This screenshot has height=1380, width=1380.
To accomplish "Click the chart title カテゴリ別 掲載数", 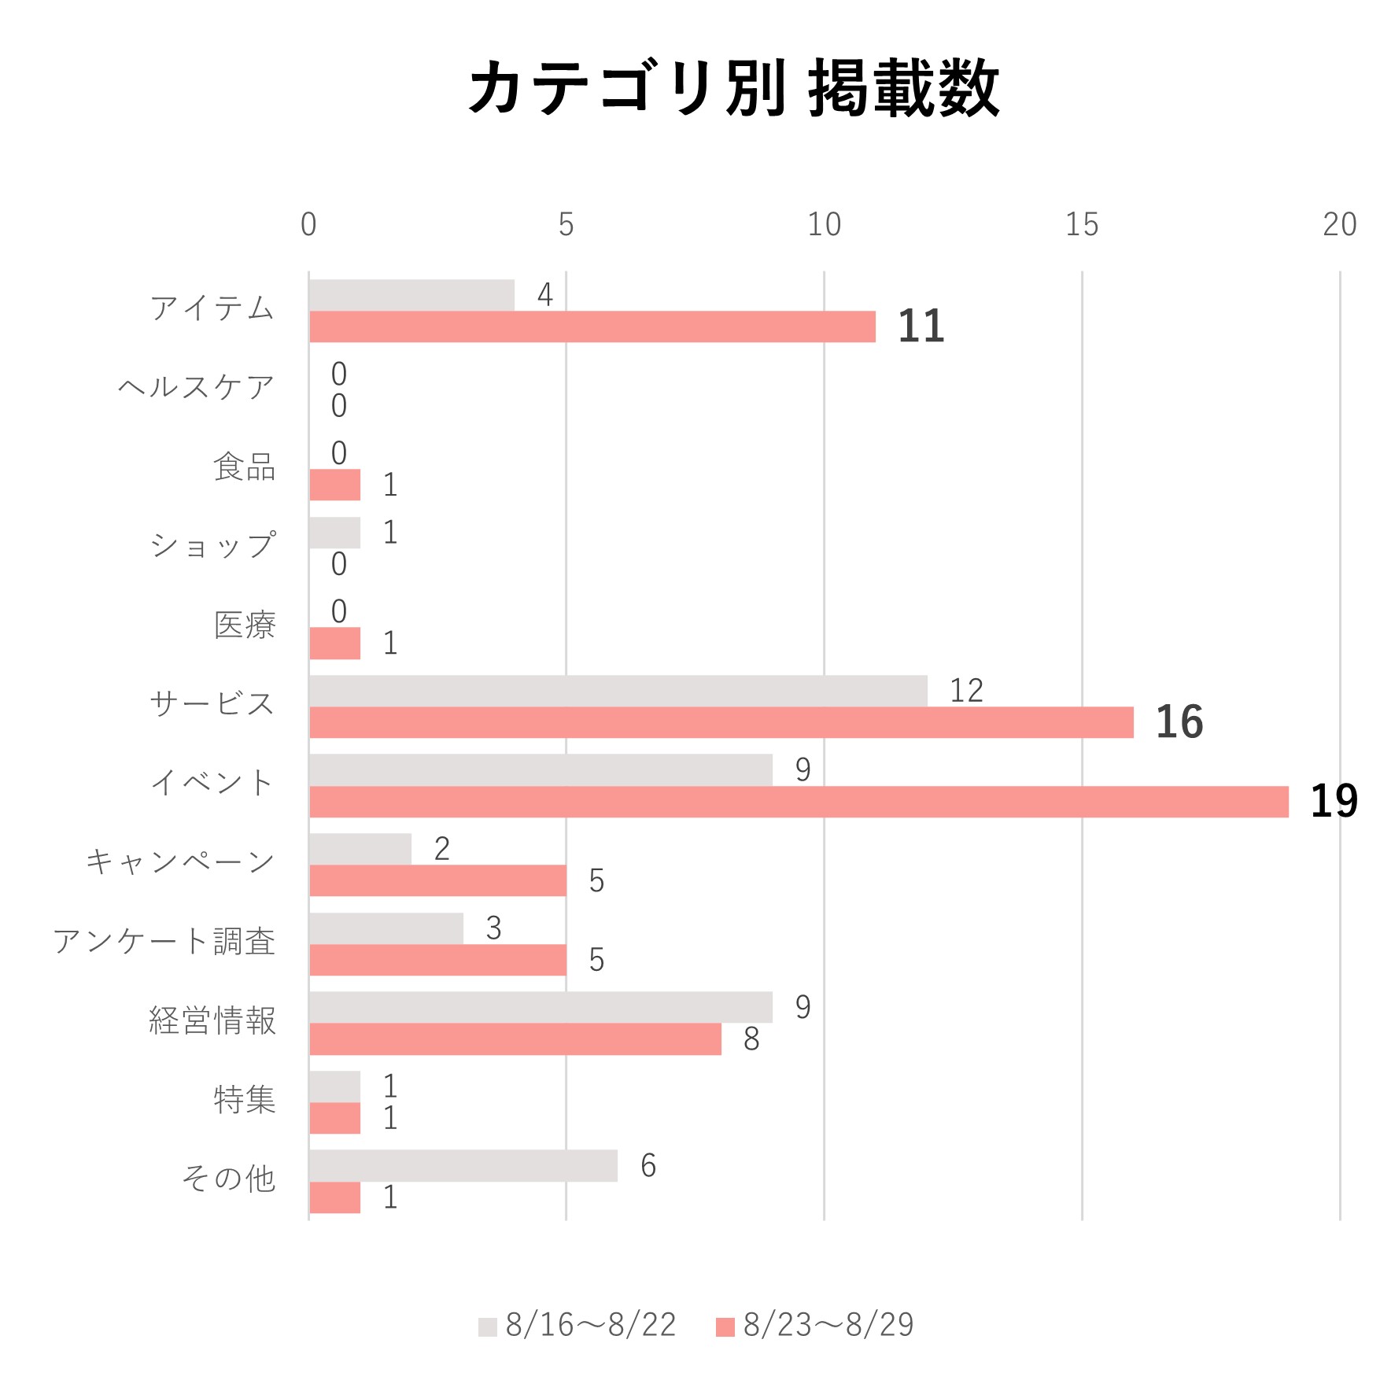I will tap(733, 88).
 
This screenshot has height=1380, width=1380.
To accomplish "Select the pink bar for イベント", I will tap(799, 802).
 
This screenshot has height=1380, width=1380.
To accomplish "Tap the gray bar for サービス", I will tap(618, 691).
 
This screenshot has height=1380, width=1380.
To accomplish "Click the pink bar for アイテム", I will tap(592, 327).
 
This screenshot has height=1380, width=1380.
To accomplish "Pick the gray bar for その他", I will tap(463, 1165).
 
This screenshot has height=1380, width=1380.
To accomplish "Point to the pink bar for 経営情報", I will tap(515, 1039).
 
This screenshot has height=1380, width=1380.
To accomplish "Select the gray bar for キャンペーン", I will tap(360, 849).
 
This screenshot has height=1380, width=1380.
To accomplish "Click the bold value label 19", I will tap(1334, 802).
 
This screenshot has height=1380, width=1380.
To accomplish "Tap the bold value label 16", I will tap(1179, 722).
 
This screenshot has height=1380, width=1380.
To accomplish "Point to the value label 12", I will tap(966, 691).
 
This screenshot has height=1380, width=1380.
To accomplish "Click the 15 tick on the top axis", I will tap(1082, 225).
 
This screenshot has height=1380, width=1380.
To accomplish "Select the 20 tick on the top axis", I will tap(1339, 225).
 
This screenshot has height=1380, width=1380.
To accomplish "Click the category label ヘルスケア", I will tap(196, 388).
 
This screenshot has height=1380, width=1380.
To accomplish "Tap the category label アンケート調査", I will tap(164, 942).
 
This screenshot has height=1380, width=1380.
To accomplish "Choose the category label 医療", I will tap(245, 625).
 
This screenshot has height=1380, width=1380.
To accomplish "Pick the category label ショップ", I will tap(212, 546).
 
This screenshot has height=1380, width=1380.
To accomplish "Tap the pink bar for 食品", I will tap(334, 485).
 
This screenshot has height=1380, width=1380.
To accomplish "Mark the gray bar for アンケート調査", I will tap(386, 928).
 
